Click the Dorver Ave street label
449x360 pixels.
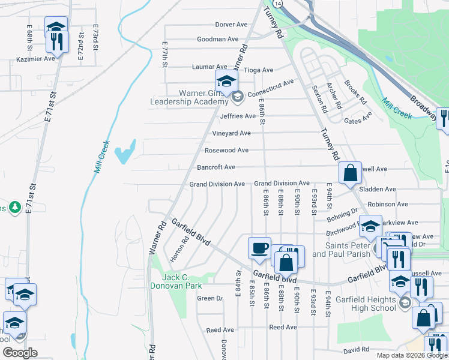[231, 25]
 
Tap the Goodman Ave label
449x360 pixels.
[218, 39]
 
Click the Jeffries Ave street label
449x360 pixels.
[238, 116]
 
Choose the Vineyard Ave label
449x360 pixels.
[231, 133]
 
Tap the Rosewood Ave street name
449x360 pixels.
[226, 150]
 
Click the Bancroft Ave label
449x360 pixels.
[216, 167]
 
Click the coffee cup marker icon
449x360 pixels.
[259, 248]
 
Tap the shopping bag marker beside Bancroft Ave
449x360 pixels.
[350, 173]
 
